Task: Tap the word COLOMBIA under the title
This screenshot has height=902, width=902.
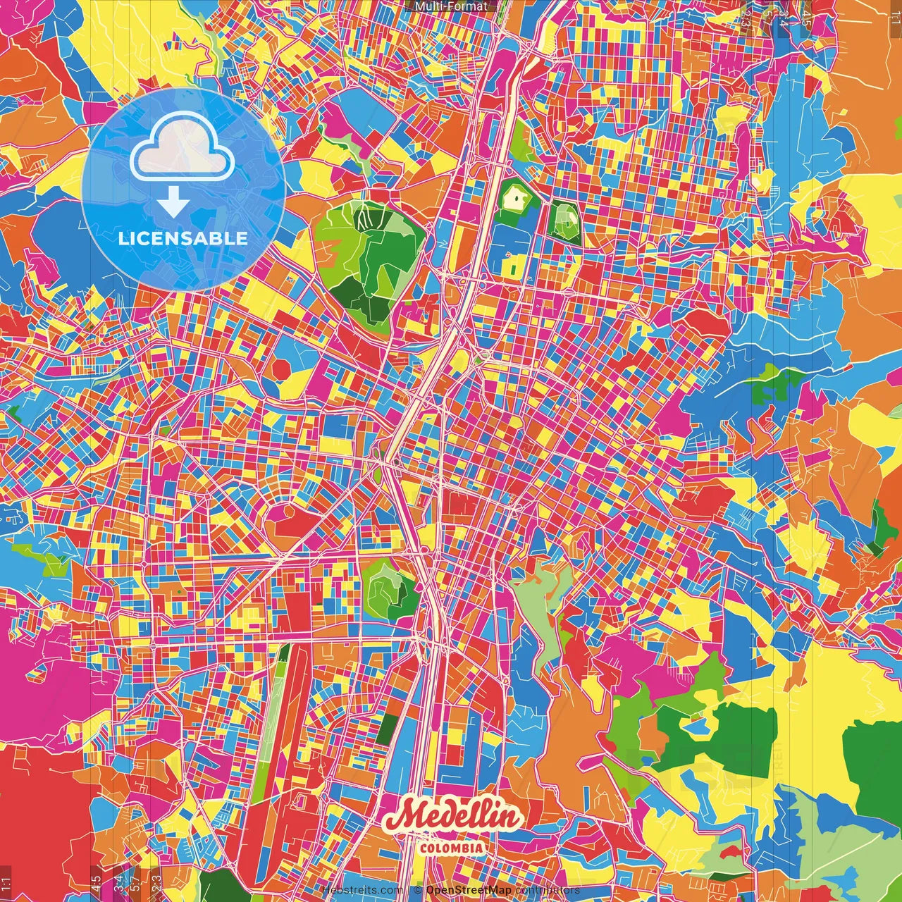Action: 452,848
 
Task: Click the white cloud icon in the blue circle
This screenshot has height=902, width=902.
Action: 183,149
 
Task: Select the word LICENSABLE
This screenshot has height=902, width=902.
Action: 183,238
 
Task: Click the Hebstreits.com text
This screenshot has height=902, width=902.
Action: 362,890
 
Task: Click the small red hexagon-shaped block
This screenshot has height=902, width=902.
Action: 282,368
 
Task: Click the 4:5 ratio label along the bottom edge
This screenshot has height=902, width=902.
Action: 96,882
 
